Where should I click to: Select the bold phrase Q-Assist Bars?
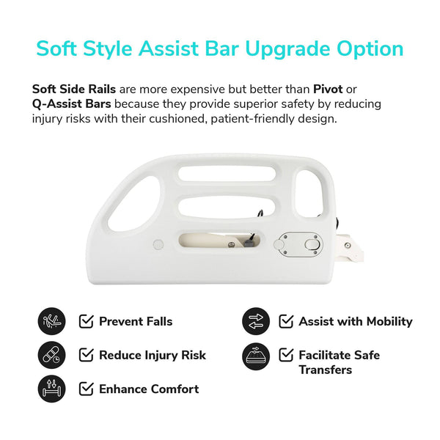click(71, 103)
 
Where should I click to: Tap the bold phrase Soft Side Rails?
click(73, 89)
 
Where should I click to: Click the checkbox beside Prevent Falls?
click(86, 321)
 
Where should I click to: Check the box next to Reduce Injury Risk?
click(86, 355)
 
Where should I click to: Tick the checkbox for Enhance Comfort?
click(86, 389)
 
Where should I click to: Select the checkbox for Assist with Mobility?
click(285, 321)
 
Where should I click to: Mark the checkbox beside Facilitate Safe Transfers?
click(285, 355)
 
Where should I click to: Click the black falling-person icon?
click(51, 321)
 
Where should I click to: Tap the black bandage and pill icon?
click(51, 355)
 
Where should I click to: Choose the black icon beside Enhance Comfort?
click(51, 389)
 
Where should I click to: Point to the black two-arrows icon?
click(255, 321)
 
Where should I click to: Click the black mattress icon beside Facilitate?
click(255, 355)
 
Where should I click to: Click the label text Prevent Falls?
click(136, 321)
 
